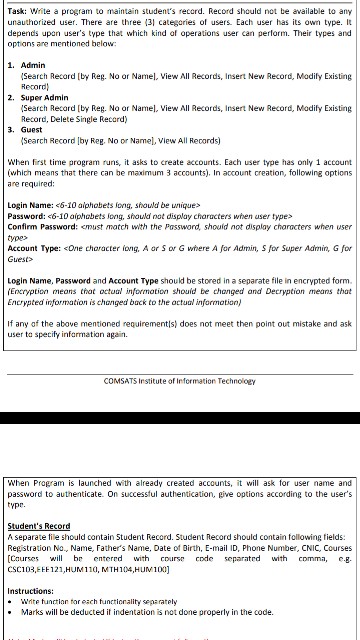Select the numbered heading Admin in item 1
point(32,65)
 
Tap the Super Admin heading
point(46,97)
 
